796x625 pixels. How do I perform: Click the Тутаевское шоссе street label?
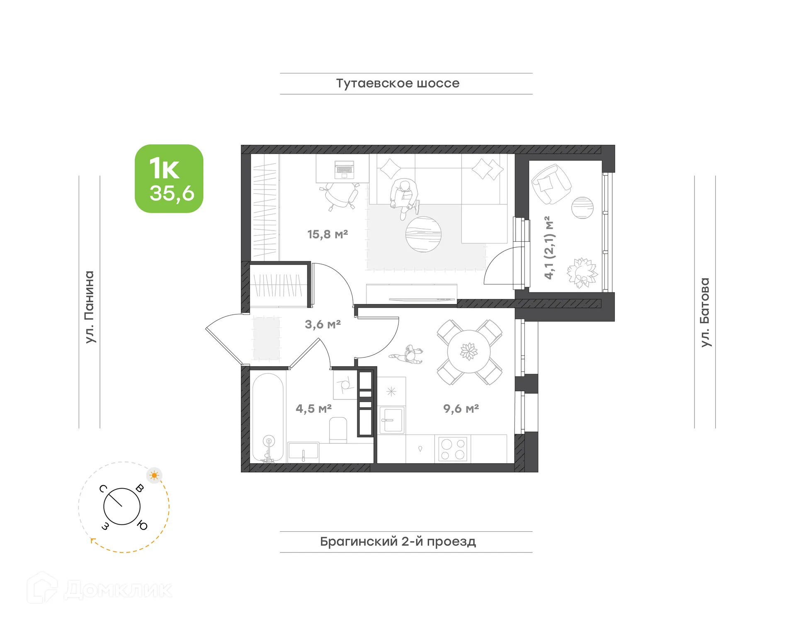coord(398,83)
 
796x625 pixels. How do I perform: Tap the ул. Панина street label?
coord(90,307)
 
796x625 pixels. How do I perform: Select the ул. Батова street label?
coord(705,312)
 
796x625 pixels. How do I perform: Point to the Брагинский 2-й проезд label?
coord(398,542)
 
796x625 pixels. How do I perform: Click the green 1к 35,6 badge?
coord(169,179)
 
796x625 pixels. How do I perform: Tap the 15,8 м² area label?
coord(328,234)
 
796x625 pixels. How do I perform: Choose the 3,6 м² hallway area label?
coord(323,324)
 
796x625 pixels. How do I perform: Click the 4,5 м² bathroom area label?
coord(313,409)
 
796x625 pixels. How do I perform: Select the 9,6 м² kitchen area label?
coord(461,409)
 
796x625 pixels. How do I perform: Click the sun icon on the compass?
coord(155,475)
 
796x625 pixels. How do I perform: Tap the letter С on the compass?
coord(103,489)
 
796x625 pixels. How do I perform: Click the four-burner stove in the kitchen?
coord(453,449)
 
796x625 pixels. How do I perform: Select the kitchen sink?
coord(392,420)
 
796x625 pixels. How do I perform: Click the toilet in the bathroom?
coord(338,430)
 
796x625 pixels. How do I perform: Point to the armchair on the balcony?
coord(551,184)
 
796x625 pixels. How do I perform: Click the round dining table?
coord(469,352)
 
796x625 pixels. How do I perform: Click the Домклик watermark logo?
coord(99,589)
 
